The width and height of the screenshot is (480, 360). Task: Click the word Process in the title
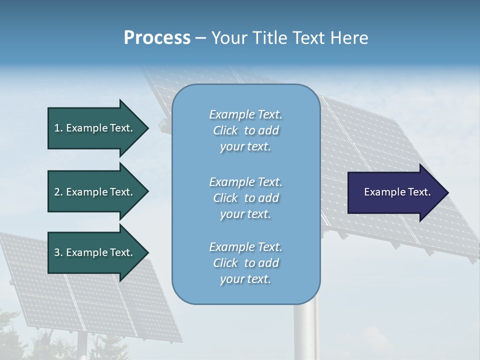coord(157,38)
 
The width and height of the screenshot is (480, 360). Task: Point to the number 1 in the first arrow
coord(57,128)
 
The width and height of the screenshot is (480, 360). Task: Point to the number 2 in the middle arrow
coord(57,192)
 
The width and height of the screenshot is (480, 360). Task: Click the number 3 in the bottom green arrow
coord(57,252)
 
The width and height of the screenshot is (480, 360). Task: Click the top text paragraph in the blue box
coord(245,130)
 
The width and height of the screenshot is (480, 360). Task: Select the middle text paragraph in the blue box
coord(245,198)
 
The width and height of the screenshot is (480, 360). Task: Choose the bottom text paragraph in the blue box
coord(245,263)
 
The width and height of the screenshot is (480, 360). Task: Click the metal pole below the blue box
coord(305,332)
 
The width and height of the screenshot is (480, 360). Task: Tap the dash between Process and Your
coord(200,38)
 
